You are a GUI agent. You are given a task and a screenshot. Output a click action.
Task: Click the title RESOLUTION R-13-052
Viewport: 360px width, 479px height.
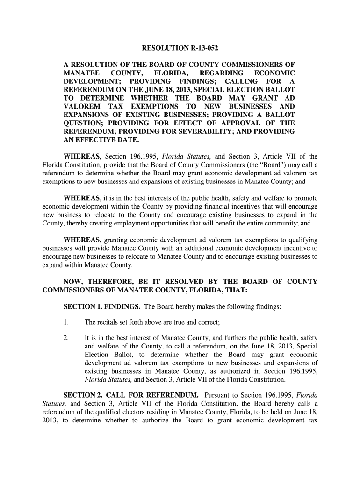(x=180, y=49)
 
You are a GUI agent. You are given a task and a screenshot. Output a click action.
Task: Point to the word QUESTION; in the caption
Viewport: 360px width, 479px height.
(x=84, y=123)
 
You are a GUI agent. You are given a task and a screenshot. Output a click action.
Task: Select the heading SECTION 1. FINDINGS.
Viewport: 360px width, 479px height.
(x=101, y=306)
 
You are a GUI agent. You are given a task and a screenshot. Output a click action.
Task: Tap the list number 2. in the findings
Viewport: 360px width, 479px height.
(x=66, y=338)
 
